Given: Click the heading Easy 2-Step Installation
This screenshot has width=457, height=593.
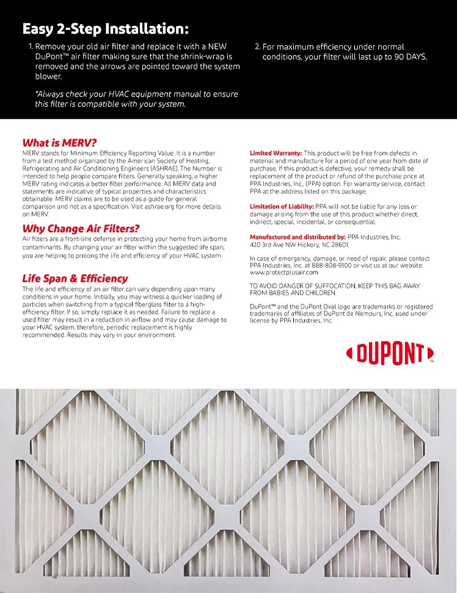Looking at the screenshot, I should pyautogui.click(x=105, y=29).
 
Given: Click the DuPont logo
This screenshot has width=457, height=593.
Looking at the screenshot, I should pyautogui.click(x=390, y=353).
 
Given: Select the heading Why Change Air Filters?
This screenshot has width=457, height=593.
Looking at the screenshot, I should pyautogui.click(x=81, y=229).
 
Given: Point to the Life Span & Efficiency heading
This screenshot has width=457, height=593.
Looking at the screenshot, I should pyautogui.click(x=75, y=279).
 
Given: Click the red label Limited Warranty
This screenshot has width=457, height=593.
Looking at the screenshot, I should pyautogui.click(x=276, y=153).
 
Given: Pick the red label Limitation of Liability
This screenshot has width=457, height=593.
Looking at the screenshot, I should pyautogui.click(x=282, y=207).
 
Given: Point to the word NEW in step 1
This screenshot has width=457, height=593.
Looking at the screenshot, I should pyautogui.click(x=218, y=46).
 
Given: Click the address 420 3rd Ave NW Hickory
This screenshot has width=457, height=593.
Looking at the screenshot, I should pyautogui.click(x=290, y=244).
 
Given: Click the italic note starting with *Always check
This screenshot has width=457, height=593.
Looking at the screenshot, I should pyautogui.click(x=136, y=99).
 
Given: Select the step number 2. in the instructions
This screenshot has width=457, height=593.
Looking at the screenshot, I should pyautogui.click(x=257, y=47).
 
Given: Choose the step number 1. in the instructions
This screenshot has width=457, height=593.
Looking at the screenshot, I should pyautogui.click(x=31, y=47).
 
